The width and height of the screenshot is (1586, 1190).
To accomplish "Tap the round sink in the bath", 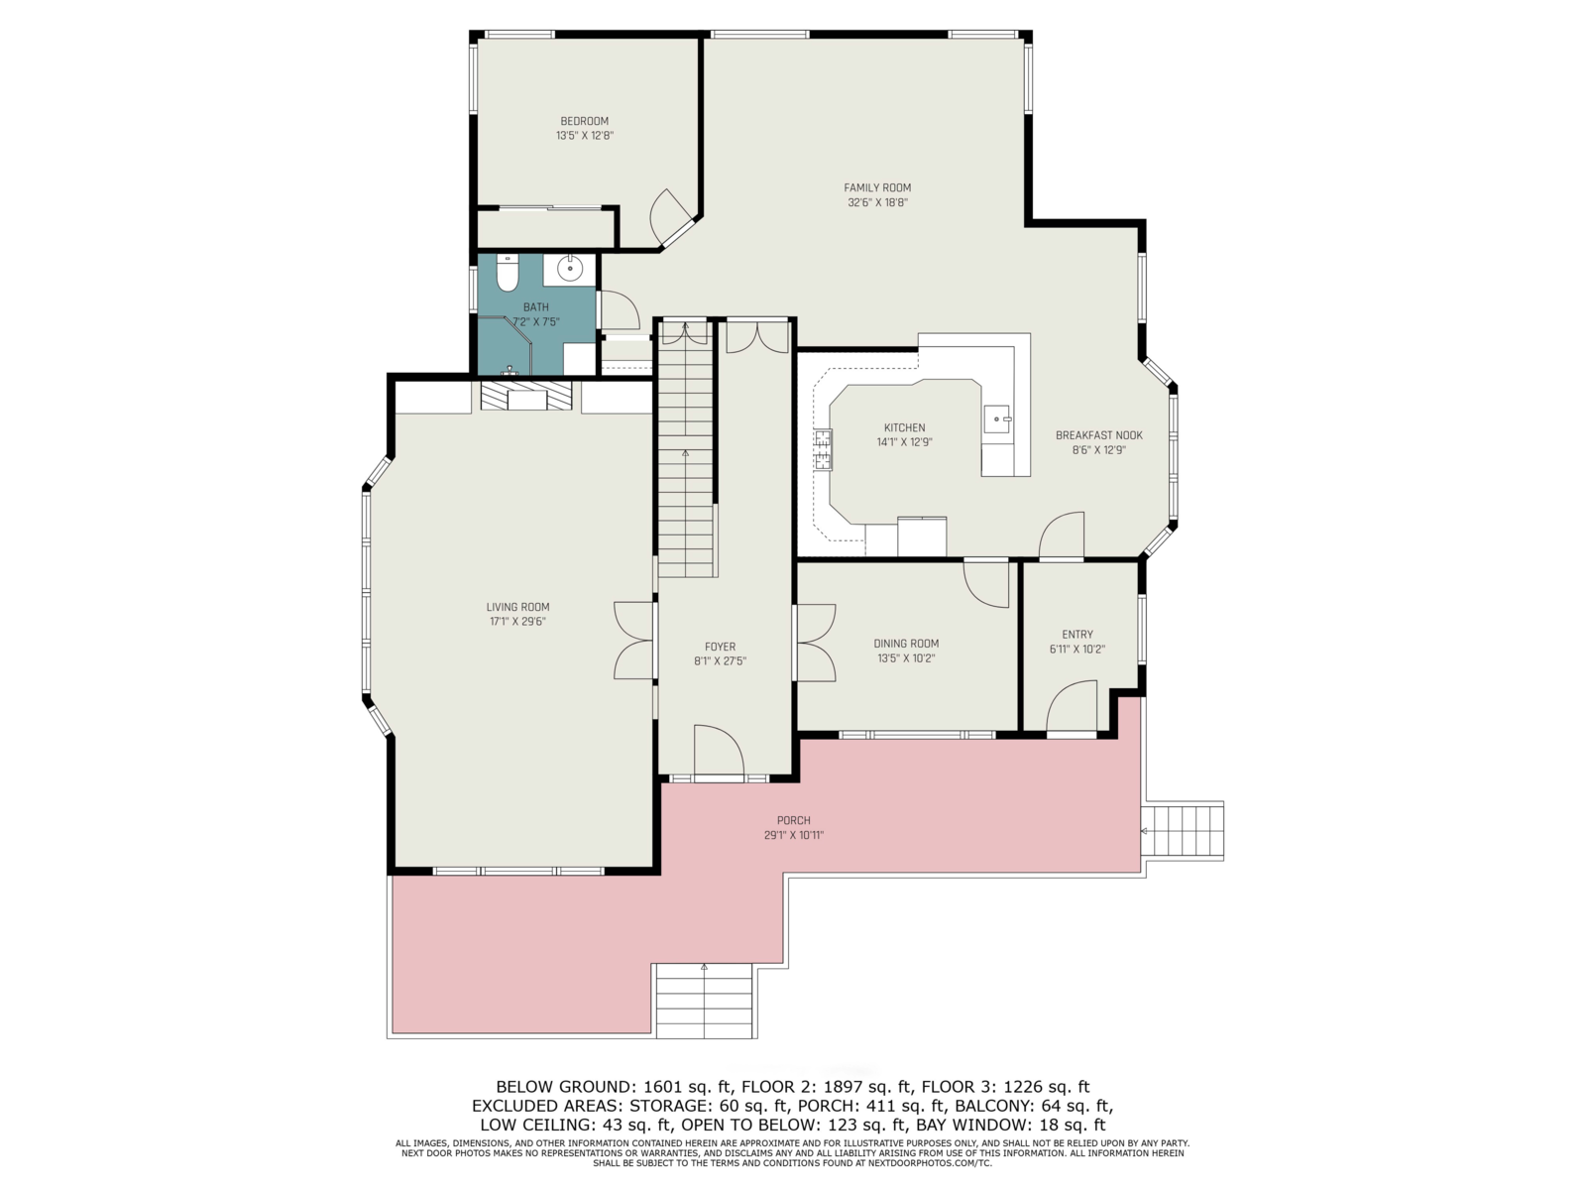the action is pos(570,269).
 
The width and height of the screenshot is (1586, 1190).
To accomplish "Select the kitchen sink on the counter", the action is pos(998,418).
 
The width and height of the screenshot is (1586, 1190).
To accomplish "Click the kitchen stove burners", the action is pos(823,449).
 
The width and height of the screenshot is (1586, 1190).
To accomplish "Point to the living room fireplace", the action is pos(526,396).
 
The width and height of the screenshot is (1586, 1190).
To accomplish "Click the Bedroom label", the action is pos(585,121).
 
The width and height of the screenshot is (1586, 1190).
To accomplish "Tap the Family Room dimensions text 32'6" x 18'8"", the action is pos(877,202).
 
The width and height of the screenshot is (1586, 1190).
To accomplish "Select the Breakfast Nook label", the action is pos(1099,435).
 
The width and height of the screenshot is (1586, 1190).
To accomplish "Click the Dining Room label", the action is pos(906,643).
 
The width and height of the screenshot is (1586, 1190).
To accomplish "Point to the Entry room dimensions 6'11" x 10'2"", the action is pos(1077,649).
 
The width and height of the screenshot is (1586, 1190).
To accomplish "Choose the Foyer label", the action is pos(721,647).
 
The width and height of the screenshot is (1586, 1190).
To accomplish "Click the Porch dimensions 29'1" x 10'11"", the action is pos(794,835).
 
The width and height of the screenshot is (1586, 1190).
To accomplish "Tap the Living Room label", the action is pos(518,607).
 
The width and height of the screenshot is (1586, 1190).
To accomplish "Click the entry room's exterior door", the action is pos(1072,707).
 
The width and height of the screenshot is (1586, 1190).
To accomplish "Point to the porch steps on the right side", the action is pos(1183,831).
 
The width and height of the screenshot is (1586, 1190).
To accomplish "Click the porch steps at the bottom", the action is pos(706,1001).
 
